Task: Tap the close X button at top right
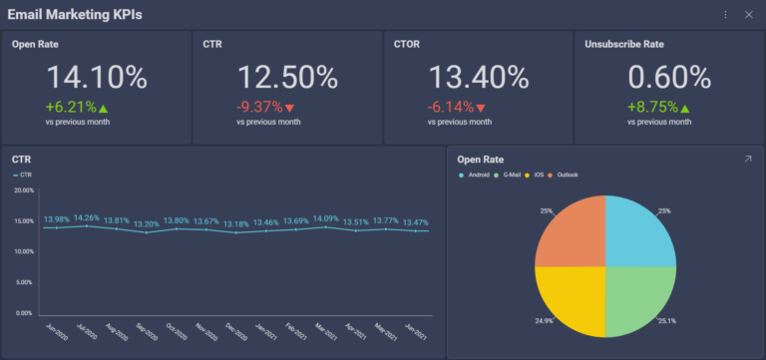748,14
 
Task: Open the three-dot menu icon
725,14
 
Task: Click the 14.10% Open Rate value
97,78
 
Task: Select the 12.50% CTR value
287,78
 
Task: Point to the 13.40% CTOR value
479,78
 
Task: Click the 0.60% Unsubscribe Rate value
669,78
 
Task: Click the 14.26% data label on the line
87,217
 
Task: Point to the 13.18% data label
235,224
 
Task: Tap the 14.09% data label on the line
326,218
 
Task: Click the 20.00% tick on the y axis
23,189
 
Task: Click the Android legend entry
478,175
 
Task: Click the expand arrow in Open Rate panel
748,159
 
